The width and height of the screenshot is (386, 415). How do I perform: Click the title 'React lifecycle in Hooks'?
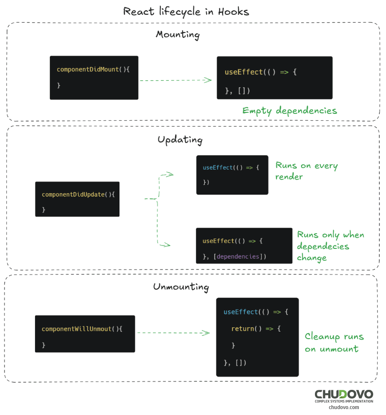187,11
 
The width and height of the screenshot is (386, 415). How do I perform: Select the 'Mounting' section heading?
178,35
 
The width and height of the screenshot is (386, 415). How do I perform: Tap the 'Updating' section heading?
180,140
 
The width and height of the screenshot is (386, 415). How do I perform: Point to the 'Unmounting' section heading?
181,287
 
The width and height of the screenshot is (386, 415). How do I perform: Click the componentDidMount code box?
94,77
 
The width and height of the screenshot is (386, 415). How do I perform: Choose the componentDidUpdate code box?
77,199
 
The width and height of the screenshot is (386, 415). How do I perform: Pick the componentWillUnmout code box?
84,334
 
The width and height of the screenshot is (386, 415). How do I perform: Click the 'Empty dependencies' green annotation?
289,111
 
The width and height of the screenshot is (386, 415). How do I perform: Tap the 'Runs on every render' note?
306,171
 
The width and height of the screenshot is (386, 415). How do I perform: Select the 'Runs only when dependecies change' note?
330,246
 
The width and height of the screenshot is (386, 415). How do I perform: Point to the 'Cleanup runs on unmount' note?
334,343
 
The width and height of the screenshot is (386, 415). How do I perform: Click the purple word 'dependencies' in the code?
238,256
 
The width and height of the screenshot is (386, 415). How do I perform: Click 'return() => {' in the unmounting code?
256,329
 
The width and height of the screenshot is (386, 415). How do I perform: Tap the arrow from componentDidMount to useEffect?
175,80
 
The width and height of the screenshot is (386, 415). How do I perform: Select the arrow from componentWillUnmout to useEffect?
173,333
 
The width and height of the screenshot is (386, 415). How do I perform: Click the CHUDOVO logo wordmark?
344,394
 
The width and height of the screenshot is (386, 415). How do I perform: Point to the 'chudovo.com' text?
344,407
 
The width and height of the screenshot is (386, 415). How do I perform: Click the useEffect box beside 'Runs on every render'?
232,174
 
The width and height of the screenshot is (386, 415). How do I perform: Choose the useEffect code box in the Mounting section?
274,78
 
